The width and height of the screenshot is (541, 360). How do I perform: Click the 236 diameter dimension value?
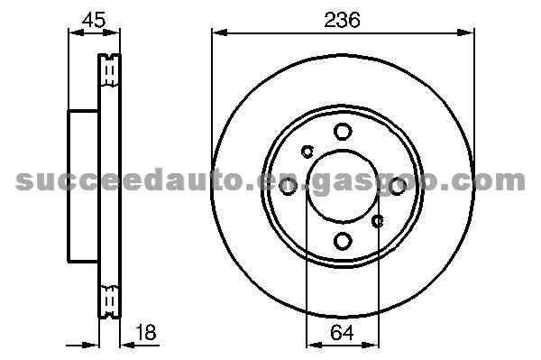342,20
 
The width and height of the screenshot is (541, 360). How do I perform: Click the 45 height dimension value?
94,19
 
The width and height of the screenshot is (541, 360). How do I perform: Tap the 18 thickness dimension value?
145,332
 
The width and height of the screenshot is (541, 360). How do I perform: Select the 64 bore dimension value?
342,333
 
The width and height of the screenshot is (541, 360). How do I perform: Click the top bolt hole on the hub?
343,132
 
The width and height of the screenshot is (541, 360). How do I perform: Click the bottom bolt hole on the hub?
343,241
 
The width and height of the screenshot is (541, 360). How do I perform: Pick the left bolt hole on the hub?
288,187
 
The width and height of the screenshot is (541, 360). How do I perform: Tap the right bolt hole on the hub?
398,187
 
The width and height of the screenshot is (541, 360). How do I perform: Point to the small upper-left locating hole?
307,151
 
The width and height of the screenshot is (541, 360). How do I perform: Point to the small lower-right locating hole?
378,221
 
